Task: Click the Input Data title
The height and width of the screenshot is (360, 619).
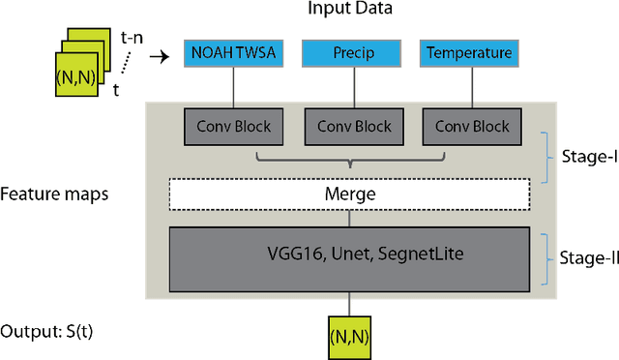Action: tap(349, 11)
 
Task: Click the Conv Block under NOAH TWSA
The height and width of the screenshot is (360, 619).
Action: tap(231, 126)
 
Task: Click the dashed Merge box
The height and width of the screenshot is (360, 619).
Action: tap(349, 195)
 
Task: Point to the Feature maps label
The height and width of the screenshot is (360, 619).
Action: tap(54, 195)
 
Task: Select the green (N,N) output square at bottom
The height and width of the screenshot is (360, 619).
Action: tap(349, 335)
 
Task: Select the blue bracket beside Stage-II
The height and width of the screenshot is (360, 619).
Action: tap(549, 257)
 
